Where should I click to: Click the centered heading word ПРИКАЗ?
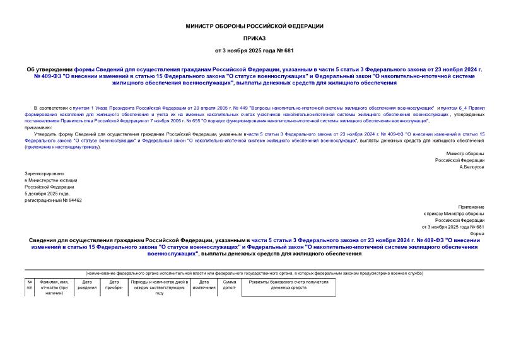pyautogui.click(x=254, y=38)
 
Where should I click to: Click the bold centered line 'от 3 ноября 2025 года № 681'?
pyautogui.click(x=254, y=50)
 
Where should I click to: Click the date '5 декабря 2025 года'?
pyautogui.click(x=46, y=194)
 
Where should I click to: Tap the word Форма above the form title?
pyautogui.click(x=477, y=233)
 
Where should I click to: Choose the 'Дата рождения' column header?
pyautogui.click(x=87, y=285)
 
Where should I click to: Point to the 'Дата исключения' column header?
pyautogui.click(x=204, y=285)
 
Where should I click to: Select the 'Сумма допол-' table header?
pyautogui.click(x=230, y=285)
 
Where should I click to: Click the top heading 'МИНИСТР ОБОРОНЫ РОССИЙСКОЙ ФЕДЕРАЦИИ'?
pyautogui.click(x=254, y=26)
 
